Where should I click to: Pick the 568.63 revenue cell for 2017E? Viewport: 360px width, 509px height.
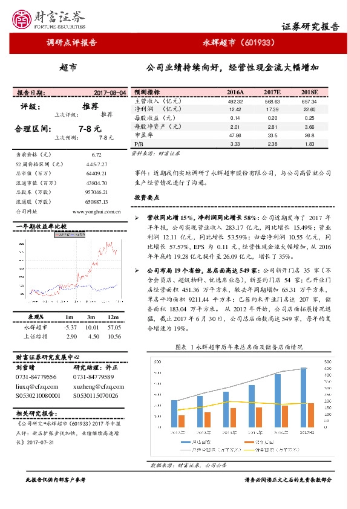tap(272, 102)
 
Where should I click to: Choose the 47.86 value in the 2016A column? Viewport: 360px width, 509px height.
tap(235, 136)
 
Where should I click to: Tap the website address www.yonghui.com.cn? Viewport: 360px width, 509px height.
tap(96, 212)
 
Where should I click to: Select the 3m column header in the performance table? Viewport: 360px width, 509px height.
tap(91, 317)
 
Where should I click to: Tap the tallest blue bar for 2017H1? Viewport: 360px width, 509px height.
tap(303, 399)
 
